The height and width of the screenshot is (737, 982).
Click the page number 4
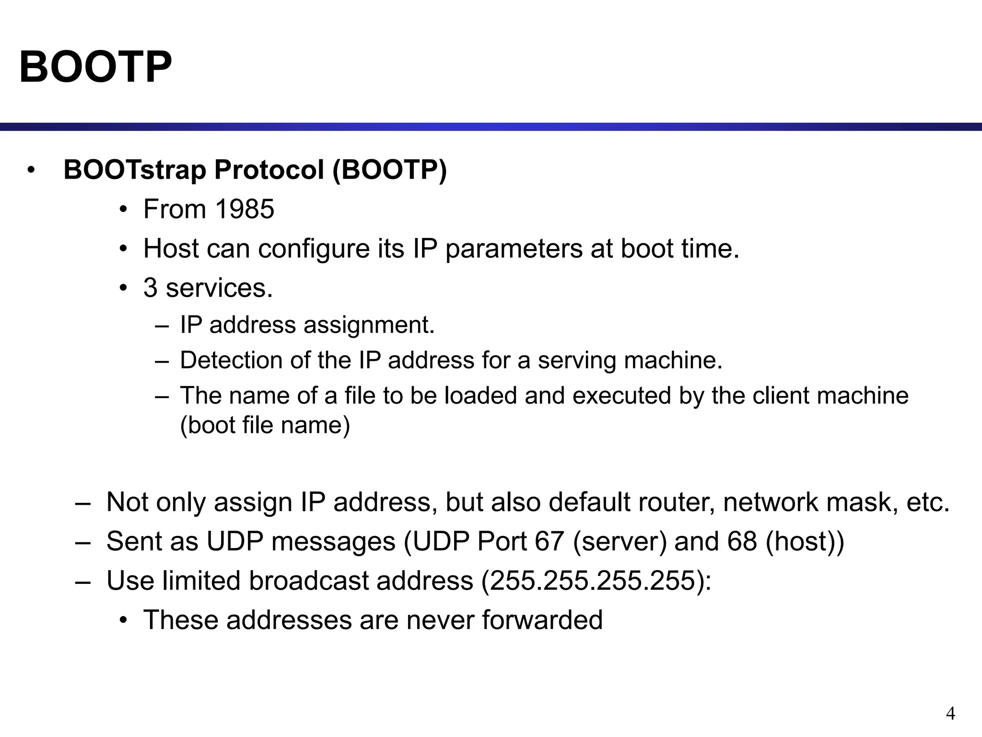tap(950, 713)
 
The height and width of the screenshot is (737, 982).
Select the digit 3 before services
tap(150, 288)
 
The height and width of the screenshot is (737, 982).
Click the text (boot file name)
tap(265, 425)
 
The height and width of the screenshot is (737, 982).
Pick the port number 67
tap(549, 541)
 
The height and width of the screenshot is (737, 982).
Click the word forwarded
tap(542, 619)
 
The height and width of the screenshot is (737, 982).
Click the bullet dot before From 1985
tap(124, 210)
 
